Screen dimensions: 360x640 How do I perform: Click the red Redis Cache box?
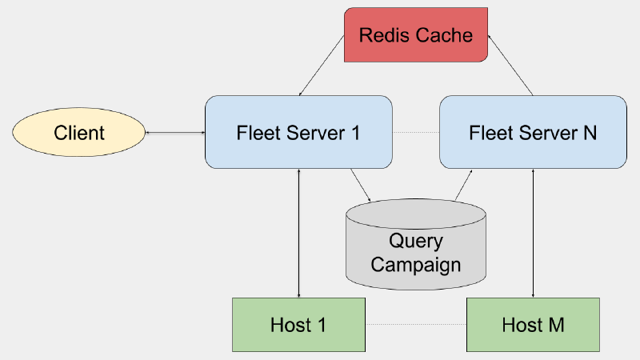coord(416,35)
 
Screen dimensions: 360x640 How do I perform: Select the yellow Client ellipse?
coord(79,132)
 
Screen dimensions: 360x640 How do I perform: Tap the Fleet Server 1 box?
coord(298,132)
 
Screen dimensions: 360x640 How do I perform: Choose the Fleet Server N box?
coord(533,132)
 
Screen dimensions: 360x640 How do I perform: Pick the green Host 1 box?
coord(298,325)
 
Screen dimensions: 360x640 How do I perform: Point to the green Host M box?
coord(533,325)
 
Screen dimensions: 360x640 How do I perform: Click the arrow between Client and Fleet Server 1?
coord(174,132)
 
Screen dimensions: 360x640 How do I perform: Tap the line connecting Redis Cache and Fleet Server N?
coord(510,66)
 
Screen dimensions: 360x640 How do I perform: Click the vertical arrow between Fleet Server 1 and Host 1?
coord(298,233)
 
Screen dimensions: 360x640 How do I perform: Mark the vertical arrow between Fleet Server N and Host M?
coord(533,233)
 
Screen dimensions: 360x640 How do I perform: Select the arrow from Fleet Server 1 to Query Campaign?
coord(361,186)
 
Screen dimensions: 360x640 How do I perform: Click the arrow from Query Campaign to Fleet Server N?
coord(463,186)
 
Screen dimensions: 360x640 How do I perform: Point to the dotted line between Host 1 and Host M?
coord(415,325)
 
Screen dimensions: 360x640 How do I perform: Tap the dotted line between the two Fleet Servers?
coord(416,132)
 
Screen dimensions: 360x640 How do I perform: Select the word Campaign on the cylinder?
coord(416,264)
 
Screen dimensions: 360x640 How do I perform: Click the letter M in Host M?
coord(556,325)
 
